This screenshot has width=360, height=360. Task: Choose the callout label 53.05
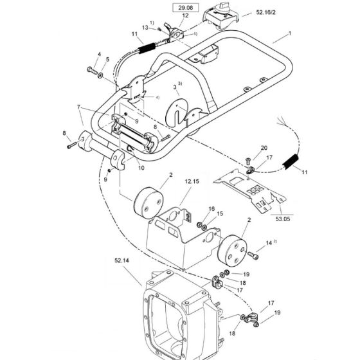click(283, 218)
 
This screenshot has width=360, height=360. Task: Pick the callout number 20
click(264, 148)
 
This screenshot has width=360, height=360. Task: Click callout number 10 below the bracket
click(141, 168)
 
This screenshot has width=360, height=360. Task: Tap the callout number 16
click(212, 209)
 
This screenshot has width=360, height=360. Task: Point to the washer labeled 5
click(102, 75)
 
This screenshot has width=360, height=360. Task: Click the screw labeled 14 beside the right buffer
click(256, 256)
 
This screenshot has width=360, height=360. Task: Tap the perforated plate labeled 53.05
click(254, 186)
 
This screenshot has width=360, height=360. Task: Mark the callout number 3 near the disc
click(175, 86)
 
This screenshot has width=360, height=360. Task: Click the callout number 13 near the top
click(145, 27)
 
